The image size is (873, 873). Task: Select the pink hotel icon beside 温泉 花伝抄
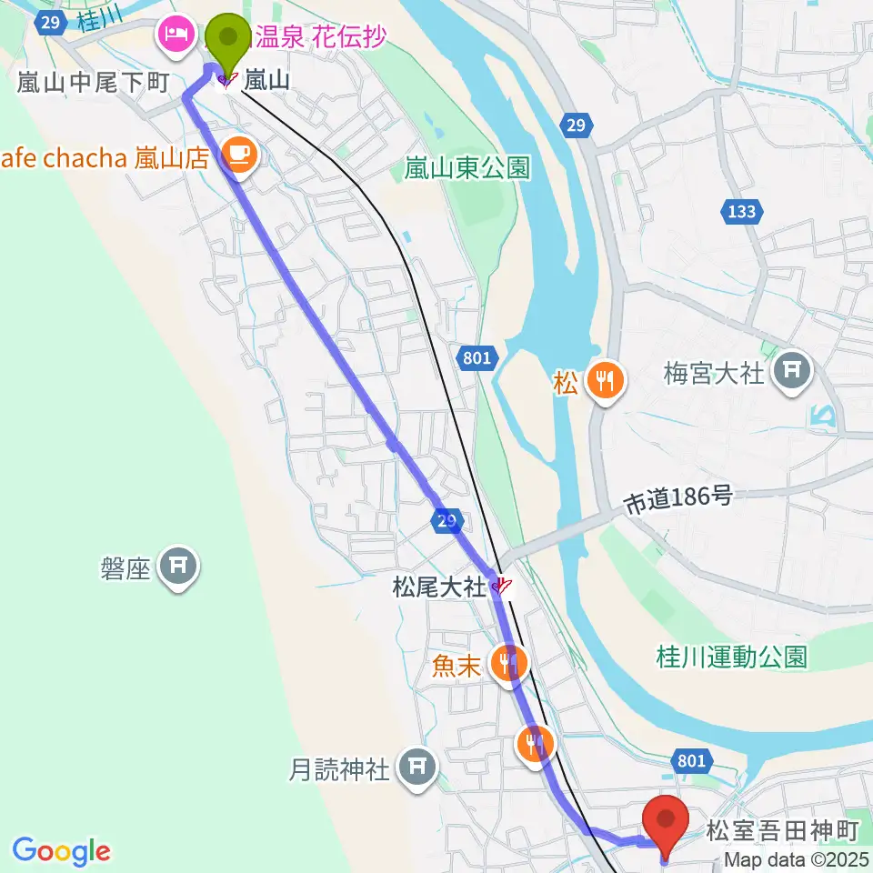(x=172, y=36)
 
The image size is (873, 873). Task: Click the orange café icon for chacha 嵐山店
(x=238, y=156)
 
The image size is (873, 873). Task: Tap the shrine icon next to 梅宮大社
(x=788, y=371)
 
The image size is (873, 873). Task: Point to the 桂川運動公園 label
(x=732, y=657)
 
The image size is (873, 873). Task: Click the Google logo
(x=62, y=852)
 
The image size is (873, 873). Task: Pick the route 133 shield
(x=741, y=213)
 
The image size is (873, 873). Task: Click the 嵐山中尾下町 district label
(x=94, y=84)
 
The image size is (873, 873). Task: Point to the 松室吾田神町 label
(x=783, y=830)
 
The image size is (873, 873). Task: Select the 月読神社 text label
(x=339, y=771)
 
